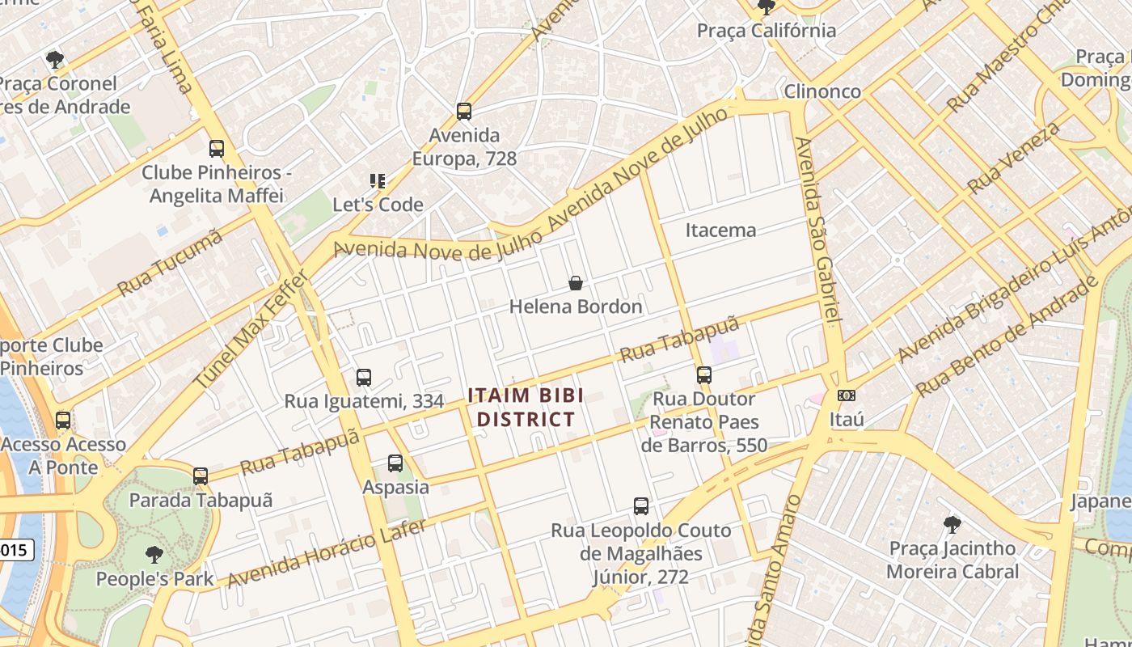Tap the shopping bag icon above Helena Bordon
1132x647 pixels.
576,283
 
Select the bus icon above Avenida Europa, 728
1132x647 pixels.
463,112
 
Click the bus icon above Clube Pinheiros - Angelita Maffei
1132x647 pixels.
216,149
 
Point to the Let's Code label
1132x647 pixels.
378,205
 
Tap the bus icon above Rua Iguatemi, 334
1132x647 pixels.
364,378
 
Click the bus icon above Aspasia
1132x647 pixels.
395,463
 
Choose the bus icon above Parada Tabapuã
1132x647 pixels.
201,476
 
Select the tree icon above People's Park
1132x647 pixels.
154,555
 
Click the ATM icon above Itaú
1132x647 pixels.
847,395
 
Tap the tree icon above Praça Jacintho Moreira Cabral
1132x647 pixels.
952,524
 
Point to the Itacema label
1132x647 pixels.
720,230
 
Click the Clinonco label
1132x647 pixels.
822,91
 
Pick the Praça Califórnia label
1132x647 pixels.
767,31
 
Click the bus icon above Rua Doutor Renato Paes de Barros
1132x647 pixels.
704,375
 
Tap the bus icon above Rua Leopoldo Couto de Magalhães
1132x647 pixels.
641,506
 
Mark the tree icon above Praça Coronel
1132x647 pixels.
55,59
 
